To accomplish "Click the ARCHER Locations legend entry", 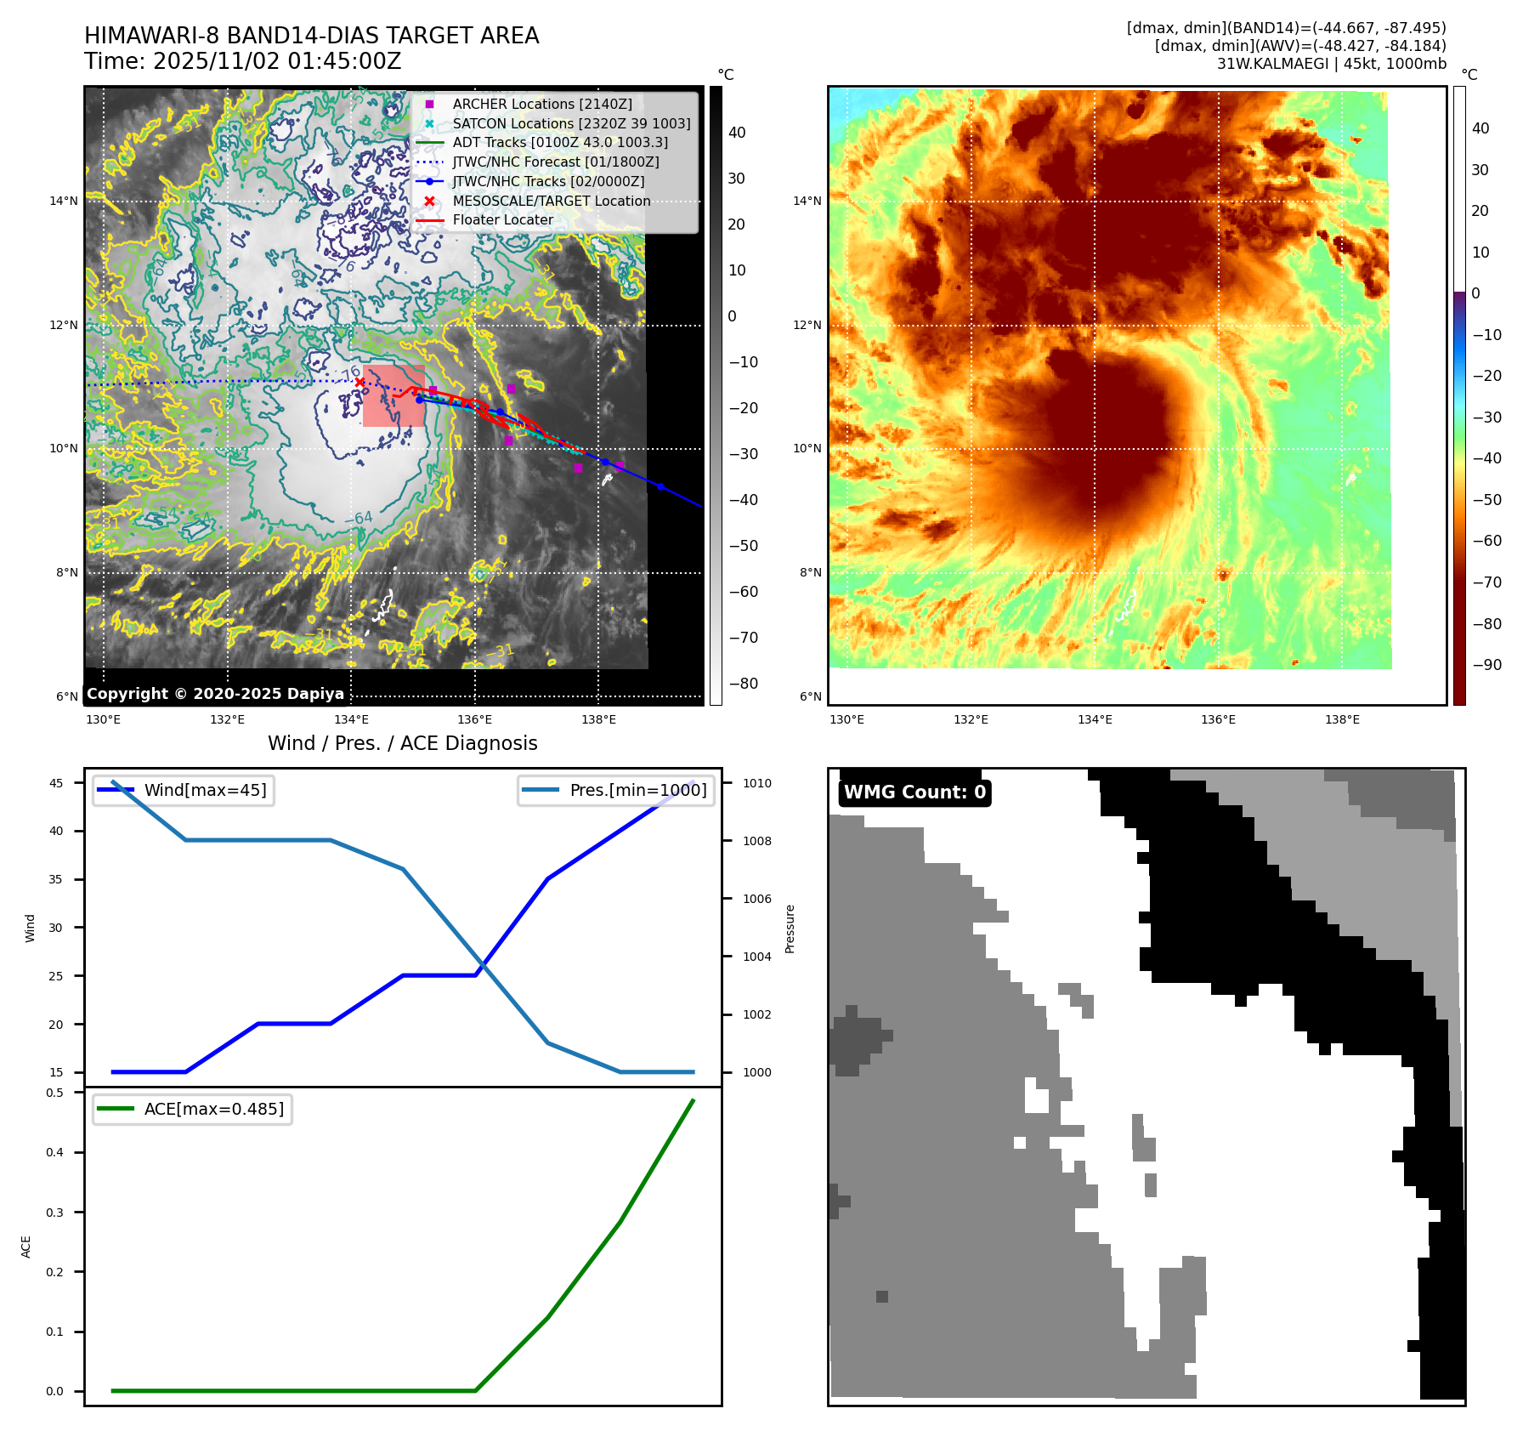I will pos(541,104).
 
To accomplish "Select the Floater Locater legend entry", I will pos(502,220).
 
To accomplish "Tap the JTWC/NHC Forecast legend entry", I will pos(555,162).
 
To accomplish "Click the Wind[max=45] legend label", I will pos(205,790).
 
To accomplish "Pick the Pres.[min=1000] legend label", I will pos(637,790).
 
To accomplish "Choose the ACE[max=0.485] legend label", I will pos(213,1109).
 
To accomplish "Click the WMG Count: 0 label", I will pos(914,792).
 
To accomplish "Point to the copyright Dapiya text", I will pos(215,694).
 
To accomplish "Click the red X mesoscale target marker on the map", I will pos(360,382).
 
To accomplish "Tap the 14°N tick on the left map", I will pos(64,202).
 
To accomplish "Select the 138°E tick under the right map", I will pos(1342,720).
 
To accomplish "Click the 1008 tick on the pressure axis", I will pos(756,841).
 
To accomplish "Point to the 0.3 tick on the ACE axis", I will pos(55,1213).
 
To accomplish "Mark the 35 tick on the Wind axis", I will pos(56,879).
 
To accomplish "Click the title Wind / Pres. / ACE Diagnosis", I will pos(402,743).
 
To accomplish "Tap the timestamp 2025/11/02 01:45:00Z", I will pos(277,62).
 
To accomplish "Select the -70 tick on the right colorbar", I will pos(1486,582).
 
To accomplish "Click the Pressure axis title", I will pos(790,929).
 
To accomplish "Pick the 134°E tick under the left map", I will pos(351,720).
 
